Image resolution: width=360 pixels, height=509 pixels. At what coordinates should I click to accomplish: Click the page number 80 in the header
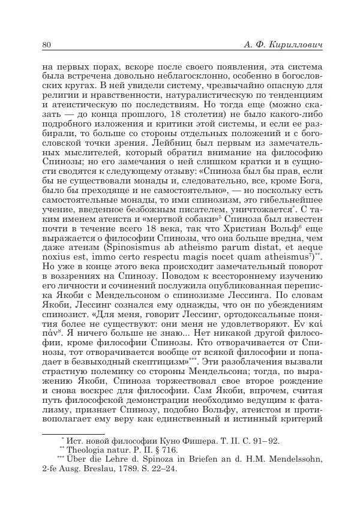[x=47, y=45]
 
